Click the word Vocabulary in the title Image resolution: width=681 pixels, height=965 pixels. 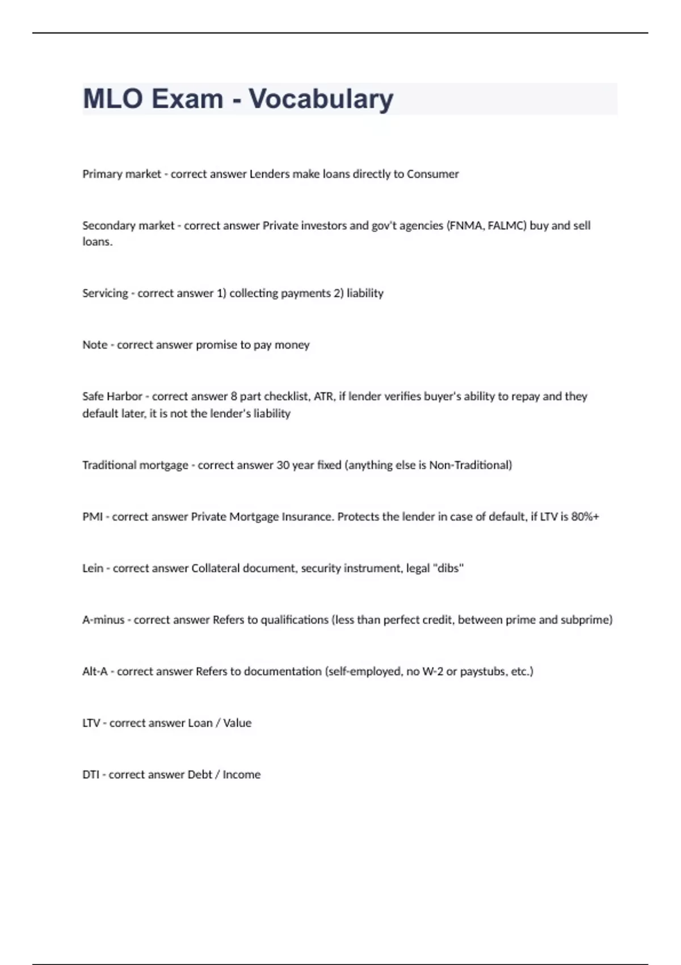(x=321, y=99)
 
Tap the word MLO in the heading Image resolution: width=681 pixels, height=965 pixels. (x=112, y=99)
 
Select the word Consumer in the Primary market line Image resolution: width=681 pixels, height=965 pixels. (x=432, y=174)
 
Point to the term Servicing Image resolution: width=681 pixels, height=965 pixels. (x=105, y=293)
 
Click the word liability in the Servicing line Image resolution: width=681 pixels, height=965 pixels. (x=365, y=293)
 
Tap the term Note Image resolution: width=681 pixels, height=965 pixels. (x=95, y=345)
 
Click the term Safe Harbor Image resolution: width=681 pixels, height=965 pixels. (x=112, y=396)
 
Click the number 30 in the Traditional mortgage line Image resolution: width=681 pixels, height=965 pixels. (x=283, y=465)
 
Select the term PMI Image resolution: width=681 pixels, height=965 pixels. (x=92, y=517)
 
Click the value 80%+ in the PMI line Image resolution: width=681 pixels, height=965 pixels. (x=585, y=517)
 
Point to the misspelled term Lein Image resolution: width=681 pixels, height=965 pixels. (x=93, y=568)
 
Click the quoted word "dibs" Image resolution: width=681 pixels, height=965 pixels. (x=448, y=568)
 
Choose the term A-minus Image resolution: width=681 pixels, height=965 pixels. (x=103, y=620)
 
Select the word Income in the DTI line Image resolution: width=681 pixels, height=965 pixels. (x=241, y=775)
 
